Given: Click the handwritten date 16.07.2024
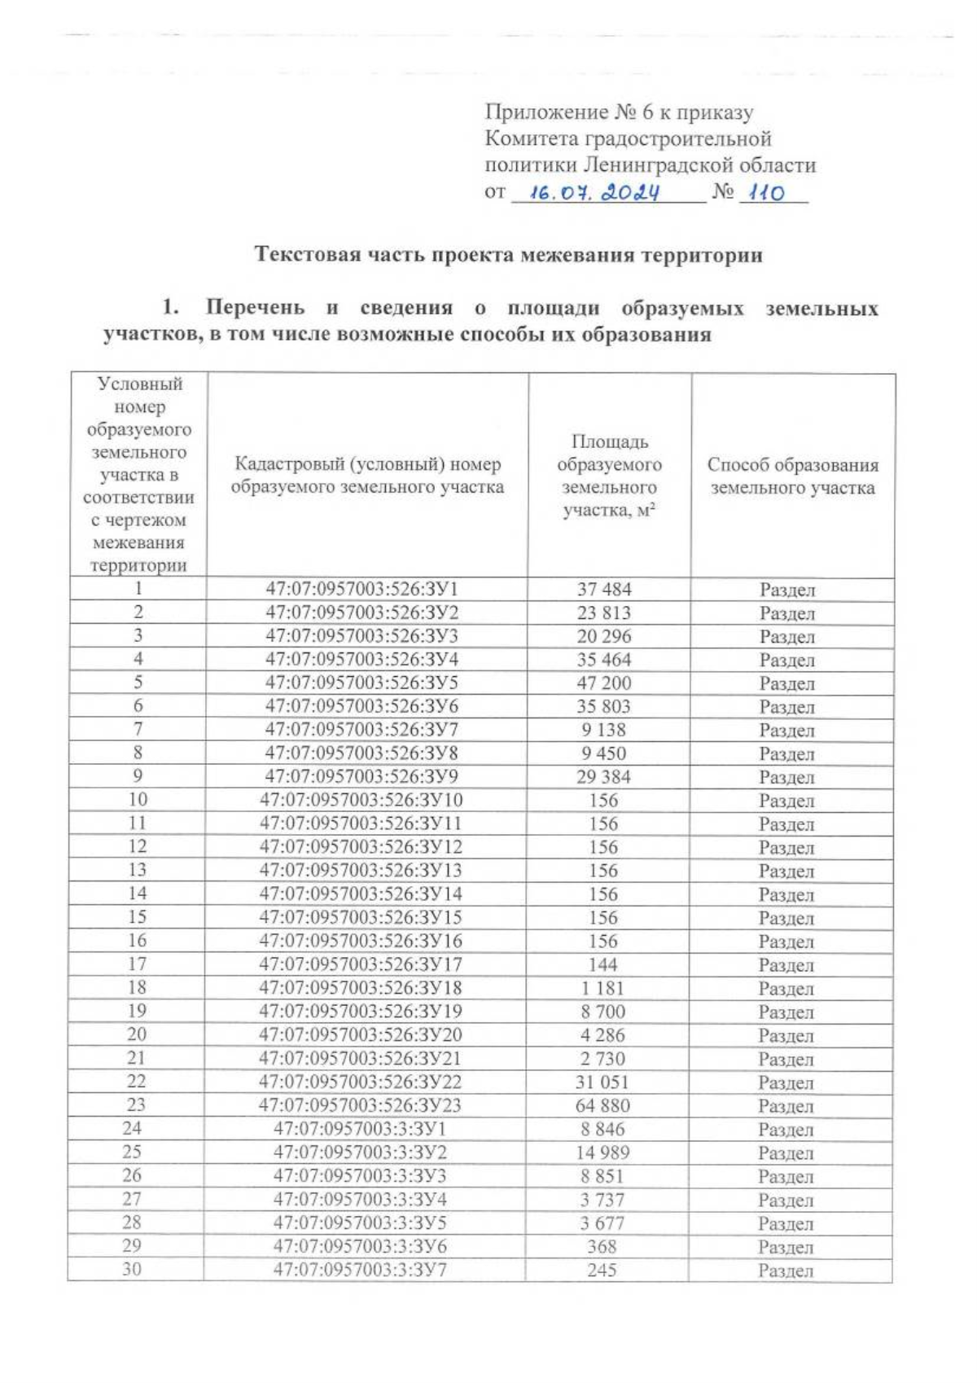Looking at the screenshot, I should (594, 194).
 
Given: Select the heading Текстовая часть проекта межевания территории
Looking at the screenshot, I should (510, 255).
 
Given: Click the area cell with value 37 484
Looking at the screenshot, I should (604, 589).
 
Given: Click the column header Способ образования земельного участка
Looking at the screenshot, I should (792, 476).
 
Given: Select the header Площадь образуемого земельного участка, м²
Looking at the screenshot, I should (609, 476).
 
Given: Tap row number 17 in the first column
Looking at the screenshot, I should (138, 964).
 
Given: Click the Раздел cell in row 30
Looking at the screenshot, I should (786, 1271).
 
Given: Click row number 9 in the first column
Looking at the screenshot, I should (138, 776).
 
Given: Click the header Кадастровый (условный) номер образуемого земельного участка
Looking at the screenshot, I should (367, 476).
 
